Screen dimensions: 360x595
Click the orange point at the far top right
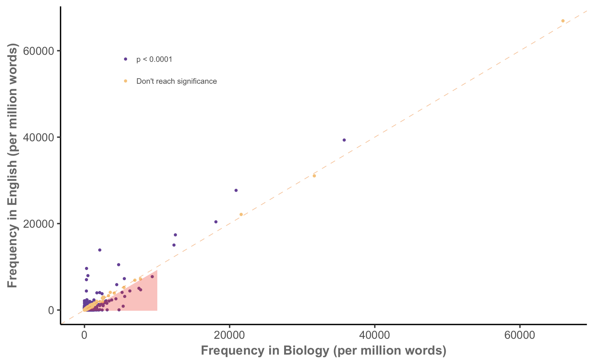tap(563, 21)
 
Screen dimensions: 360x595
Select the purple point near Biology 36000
tap(344, 140)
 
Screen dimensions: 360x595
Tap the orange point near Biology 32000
tap(314, 176)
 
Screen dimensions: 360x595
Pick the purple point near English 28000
tap(236, 190)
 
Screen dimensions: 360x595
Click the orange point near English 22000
tap(241, 214)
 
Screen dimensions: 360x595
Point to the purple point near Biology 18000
tap(216, 222)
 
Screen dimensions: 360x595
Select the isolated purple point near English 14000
tap(100, 250)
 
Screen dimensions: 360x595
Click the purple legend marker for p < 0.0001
tap(125, 59)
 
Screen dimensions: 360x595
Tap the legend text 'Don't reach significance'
tap(176, 81)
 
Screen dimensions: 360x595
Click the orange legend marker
tap(125, 81)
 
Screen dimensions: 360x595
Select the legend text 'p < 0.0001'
tap(154, 59)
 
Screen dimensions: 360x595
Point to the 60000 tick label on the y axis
tap(39, 51)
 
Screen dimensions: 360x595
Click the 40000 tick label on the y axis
tap(39, 137)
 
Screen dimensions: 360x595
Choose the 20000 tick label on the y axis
tap(39, 224)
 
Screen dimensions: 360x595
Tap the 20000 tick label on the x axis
tap(229, 335)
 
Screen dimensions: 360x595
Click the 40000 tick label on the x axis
tap(375, 335)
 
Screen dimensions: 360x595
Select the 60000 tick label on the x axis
tap(520, 335)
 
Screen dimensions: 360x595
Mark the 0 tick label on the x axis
tap(84, 335)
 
